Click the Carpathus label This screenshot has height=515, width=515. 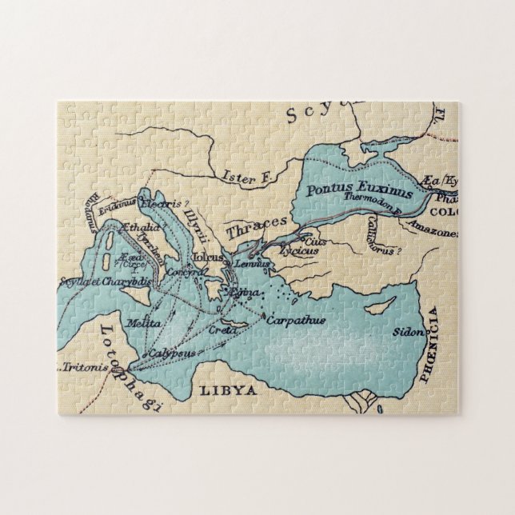[x=295, y=320]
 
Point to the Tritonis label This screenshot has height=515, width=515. [x=82, y=369]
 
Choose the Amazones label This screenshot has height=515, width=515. [x=433, y=233]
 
